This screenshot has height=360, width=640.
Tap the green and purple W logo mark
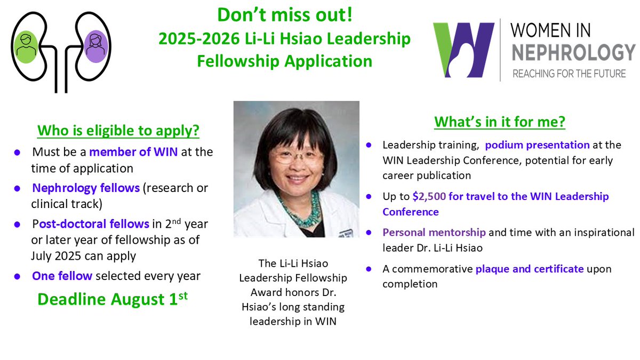click(463, 50)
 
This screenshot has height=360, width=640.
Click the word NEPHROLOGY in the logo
click(571, 53)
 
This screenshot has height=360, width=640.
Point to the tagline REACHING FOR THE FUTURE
click(569, 73)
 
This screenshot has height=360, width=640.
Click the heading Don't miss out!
click(284, 15)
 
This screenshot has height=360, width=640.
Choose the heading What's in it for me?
click(500, 122)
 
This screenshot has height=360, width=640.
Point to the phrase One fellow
click(62, 276)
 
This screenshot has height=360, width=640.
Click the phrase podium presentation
click(537, 145)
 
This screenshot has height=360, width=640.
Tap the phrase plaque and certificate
click(530, 269)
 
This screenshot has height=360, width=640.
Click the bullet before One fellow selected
click(18, 276)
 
